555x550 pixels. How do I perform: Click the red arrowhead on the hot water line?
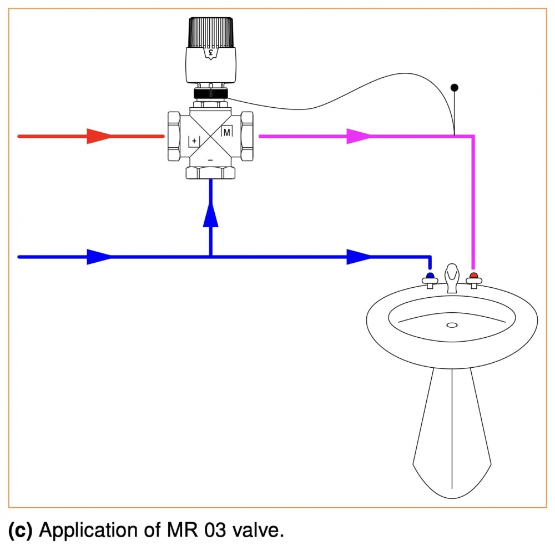[x=98, y=136]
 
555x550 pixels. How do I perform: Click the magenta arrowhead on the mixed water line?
[x=358, y=136]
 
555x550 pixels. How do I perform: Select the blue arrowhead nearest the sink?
[x=359, y=257]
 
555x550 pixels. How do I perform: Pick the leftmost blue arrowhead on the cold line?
[x=98, y=257]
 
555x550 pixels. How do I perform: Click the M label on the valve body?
[x=226, y=132]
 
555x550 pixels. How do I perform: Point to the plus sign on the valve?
[x=194, y=141]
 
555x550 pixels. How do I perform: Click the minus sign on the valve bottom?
[x=210, y=160]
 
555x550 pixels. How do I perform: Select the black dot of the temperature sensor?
[x=454, y=87]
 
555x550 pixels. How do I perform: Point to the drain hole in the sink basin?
[x=451, y=325]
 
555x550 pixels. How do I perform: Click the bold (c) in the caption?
[x=20, y=531]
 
